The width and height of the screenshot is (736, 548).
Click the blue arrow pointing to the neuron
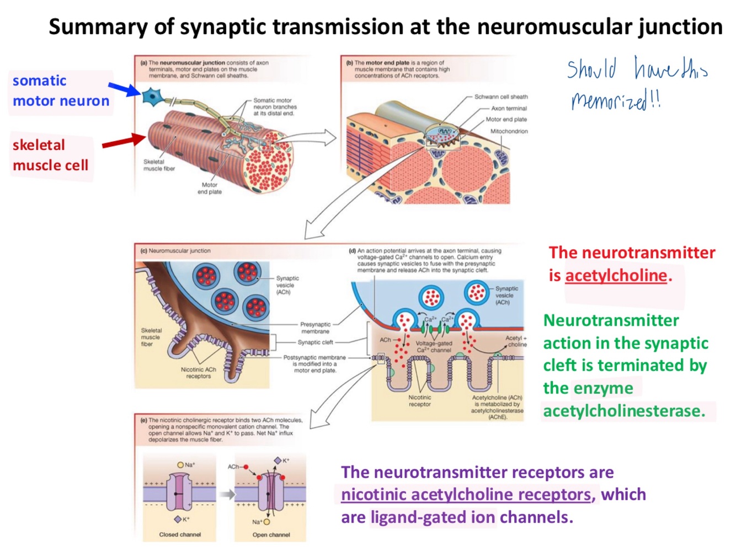124,89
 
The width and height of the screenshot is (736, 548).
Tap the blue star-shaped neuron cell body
152,96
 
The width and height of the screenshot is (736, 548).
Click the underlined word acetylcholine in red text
616,275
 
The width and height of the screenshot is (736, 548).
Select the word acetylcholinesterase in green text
623,411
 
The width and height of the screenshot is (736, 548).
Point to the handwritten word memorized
609,101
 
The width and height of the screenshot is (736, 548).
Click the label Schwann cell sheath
500,97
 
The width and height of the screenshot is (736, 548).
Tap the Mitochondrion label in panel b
509,131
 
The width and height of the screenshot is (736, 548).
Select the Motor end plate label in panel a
210,189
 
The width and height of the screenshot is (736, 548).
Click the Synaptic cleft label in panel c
315,342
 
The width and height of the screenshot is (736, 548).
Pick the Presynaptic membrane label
315,328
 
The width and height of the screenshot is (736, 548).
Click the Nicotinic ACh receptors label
198,373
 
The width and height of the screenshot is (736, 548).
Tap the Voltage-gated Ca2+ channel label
434,347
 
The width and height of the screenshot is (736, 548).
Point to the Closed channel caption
180,535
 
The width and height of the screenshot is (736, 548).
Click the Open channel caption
271,535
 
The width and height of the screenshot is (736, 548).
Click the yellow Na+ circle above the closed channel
180,465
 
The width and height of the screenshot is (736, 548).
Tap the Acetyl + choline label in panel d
516,341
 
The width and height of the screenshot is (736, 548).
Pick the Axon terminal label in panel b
509,109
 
